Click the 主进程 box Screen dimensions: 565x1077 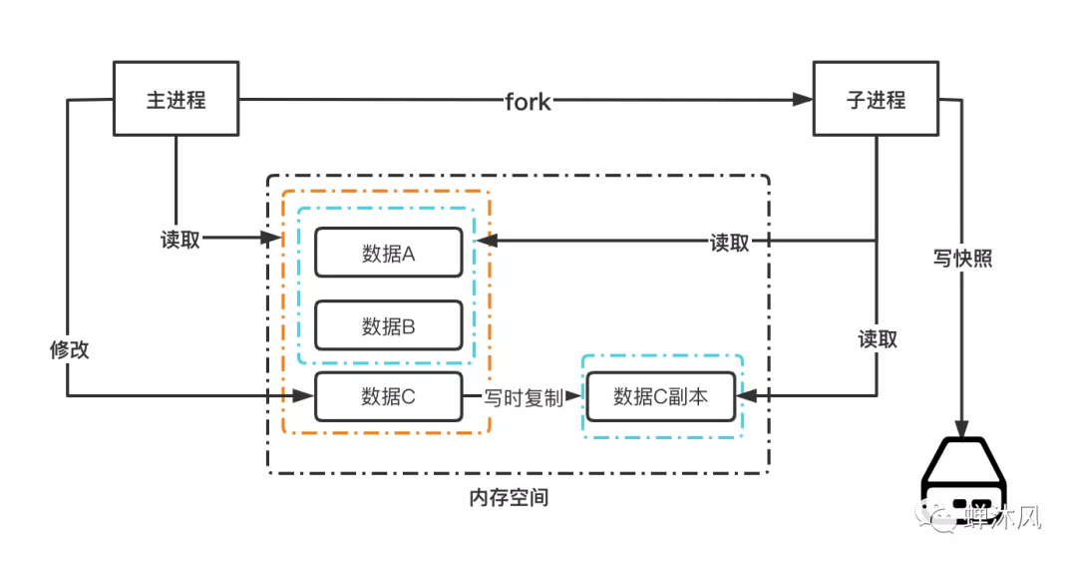[x=176, y=100]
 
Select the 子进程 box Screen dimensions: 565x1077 [x=876, y=100]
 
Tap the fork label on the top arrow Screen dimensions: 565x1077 [x=528, y=101]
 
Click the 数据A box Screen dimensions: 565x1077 [x=388, y=254]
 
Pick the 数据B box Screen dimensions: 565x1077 [x=388, y=325]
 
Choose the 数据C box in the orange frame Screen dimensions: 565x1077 [x=388, y=397]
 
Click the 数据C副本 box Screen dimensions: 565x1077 [x=660, y=397]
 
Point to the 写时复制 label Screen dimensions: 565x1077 [x=524, y=397]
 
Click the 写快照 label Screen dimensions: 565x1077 [x=962, y=259]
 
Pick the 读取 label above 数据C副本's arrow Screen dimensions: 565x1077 [x=878, y=339]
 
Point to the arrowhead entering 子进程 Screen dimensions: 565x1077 [x=804, y=100]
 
